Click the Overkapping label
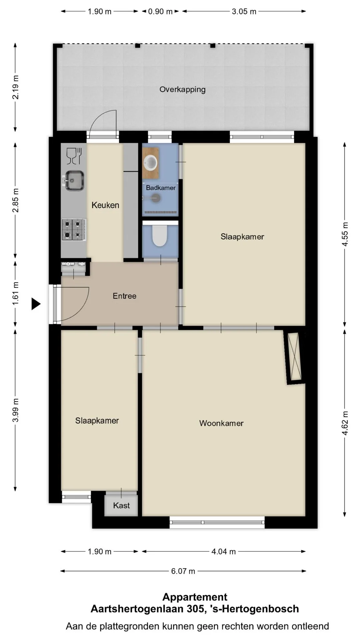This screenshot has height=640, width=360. click(x=182, y=90)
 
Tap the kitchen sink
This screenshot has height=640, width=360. click(x=74, y=181)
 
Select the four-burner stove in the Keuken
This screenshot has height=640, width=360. click(x=74, y=229)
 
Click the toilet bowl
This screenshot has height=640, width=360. click(x=160, y=235)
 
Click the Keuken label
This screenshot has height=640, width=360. click(x=105, y=205)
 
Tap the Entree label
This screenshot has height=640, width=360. click(x=124, y=296)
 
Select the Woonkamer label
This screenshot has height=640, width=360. click(x=221, y=423)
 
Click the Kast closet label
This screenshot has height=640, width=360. click(x=121, y=506)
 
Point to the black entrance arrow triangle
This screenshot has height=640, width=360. click(x=36, y=304)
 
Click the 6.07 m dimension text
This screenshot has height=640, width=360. click(x=183, y=571)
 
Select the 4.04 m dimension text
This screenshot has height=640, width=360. click(x=224, y=552)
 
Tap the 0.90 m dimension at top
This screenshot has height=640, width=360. click(x=160, y=11)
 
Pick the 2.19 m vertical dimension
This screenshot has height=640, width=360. click(x=16, y=87)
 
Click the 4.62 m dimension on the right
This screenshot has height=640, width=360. click(x=345, y=423)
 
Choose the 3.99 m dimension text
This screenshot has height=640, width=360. click(x=16, y=410)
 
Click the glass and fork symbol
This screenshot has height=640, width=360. click(x=74, y=156)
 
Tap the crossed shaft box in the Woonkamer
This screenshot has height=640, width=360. click(x=294, y=356)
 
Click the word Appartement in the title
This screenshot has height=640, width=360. click(x=195, y=597)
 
